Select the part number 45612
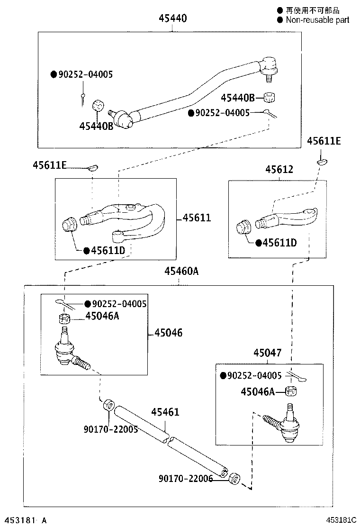[279, 169]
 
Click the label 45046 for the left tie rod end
[168, 333]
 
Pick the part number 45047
[267, 353]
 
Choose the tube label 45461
[165, 412]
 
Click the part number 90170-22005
[110, 429]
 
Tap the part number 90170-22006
[185, 479]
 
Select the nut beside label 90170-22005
[108, 406]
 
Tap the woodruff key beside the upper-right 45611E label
[322, 162]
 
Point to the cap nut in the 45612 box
[243, 226]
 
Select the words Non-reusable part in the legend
[317, 20]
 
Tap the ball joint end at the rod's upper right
[269, 65]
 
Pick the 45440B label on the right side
[237, 98]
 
